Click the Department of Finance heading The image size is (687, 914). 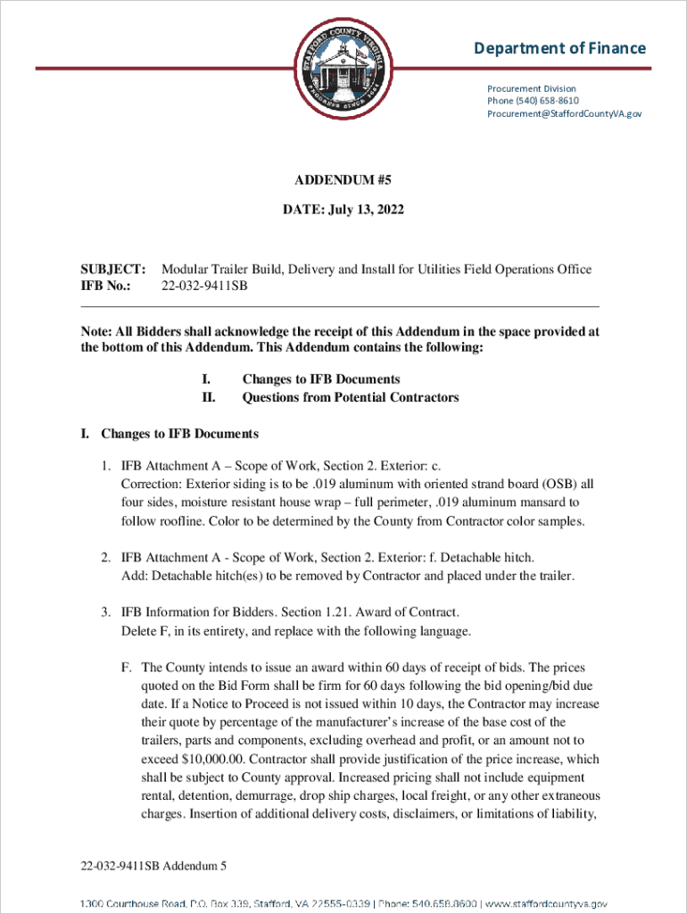[560, 48]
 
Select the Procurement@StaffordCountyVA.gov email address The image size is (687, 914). [564, 113]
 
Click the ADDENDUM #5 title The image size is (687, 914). [343, 180]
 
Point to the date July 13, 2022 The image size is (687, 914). [361, 210]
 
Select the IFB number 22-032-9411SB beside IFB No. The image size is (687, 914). [204, 286]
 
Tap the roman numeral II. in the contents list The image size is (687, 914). [210, 397]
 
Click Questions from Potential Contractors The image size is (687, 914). [350, 397]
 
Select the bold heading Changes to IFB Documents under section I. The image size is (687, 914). [179, 434]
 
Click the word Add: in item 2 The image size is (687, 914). [133, 576]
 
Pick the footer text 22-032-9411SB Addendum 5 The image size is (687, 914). [153, 866]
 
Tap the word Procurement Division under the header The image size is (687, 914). [532, 88]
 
